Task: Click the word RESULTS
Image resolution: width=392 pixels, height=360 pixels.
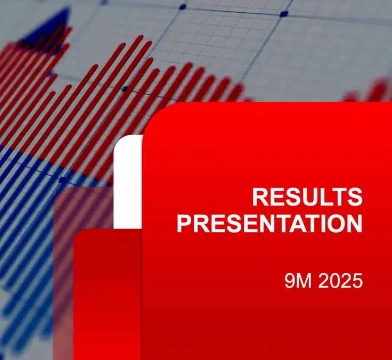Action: point(307,197)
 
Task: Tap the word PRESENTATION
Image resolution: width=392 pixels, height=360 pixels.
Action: point(269,224)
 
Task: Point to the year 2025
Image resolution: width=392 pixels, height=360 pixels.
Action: point(341,281)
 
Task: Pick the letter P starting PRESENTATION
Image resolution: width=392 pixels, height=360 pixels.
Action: point(184,224)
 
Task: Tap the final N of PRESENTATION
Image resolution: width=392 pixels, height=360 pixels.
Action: point(354,224)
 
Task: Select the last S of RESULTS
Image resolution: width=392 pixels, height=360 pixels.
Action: point(355,197)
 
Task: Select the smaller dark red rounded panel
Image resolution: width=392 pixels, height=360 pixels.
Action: point(107,293)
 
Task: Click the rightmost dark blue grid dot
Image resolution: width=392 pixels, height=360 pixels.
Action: point(284,13)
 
